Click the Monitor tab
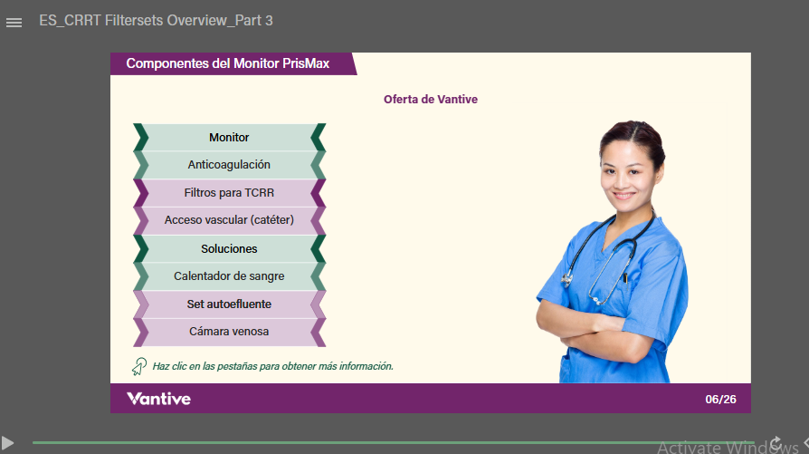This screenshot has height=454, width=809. click(x=229, y=138)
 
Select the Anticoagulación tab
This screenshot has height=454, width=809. click(x=229, y=165)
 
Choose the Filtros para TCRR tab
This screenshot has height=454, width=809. click(x=229, y=193)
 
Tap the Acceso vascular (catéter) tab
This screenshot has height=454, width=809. click(x=229, y=220)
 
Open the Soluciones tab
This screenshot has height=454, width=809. click(x=229, y=248)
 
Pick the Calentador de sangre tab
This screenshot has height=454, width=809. click(x=229, y=276)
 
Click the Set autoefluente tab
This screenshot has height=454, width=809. click(x=229, y=304)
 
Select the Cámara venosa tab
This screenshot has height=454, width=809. click(x=229, y=332)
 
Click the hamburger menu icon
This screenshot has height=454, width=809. click(x=14, y=23)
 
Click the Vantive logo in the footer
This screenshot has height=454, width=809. click(x=159, y=399)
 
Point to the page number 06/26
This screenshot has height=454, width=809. click(x=721, y=400)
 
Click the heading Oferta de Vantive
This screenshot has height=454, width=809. click(x=431, y=99)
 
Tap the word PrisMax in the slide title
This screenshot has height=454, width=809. click(x=306, y=63)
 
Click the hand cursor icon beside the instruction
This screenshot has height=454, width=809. click(x=138, y=366)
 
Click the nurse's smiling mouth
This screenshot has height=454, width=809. click(x=624, y=196)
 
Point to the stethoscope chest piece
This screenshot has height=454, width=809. click(x=567, y=279)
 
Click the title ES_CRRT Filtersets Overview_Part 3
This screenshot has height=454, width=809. click(x=156, y=21)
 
